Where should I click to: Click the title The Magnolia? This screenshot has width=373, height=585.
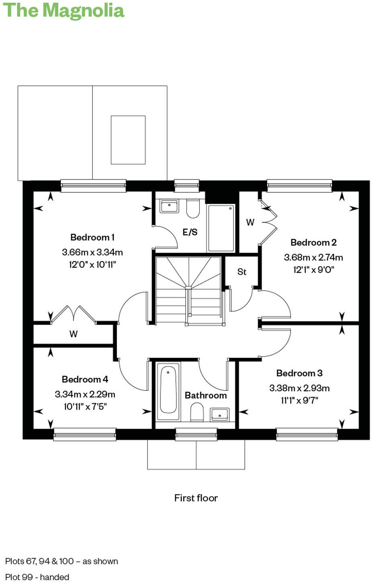[64, 11]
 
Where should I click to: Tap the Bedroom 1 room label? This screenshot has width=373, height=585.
[92, 237]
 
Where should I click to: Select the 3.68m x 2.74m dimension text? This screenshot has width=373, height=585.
[313, 257]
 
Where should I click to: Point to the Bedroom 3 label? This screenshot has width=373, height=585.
[299, 373]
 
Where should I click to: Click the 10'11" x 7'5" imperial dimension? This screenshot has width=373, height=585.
[85, 406]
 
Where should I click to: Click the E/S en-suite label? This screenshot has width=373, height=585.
[190, 232]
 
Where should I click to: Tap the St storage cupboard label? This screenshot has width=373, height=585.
[242, 272]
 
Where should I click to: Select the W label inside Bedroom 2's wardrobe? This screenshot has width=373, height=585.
[250, 222]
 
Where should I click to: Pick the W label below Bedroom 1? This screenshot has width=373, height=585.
[73, 334]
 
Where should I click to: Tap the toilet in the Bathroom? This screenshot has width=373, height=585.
[197, 412]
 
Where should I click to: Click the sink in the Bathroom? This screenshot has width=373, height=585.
[219, 414]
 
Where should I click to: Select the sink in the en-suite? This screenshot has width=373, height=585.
[169, 206]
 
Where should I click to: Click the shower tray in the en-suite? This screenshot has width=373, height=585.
[221, 228]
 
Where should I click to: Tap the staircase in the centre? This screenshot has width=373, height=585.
[188, 289]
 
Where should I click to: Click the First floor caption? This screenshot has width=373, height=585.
[196, 498]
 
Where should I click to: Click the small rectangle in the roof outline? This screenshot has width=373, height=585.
[128, 140]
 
